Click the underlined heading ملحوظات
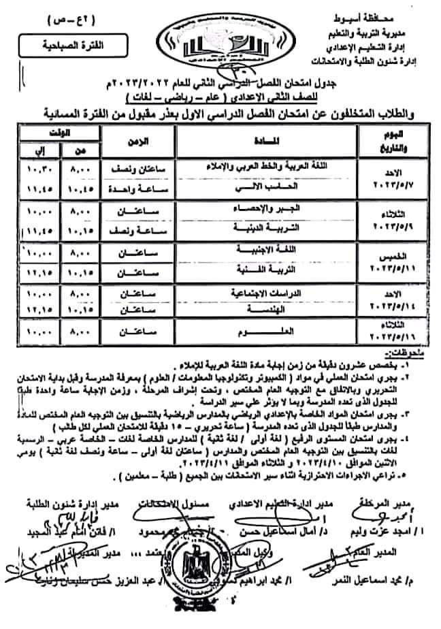click(402, 354)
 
